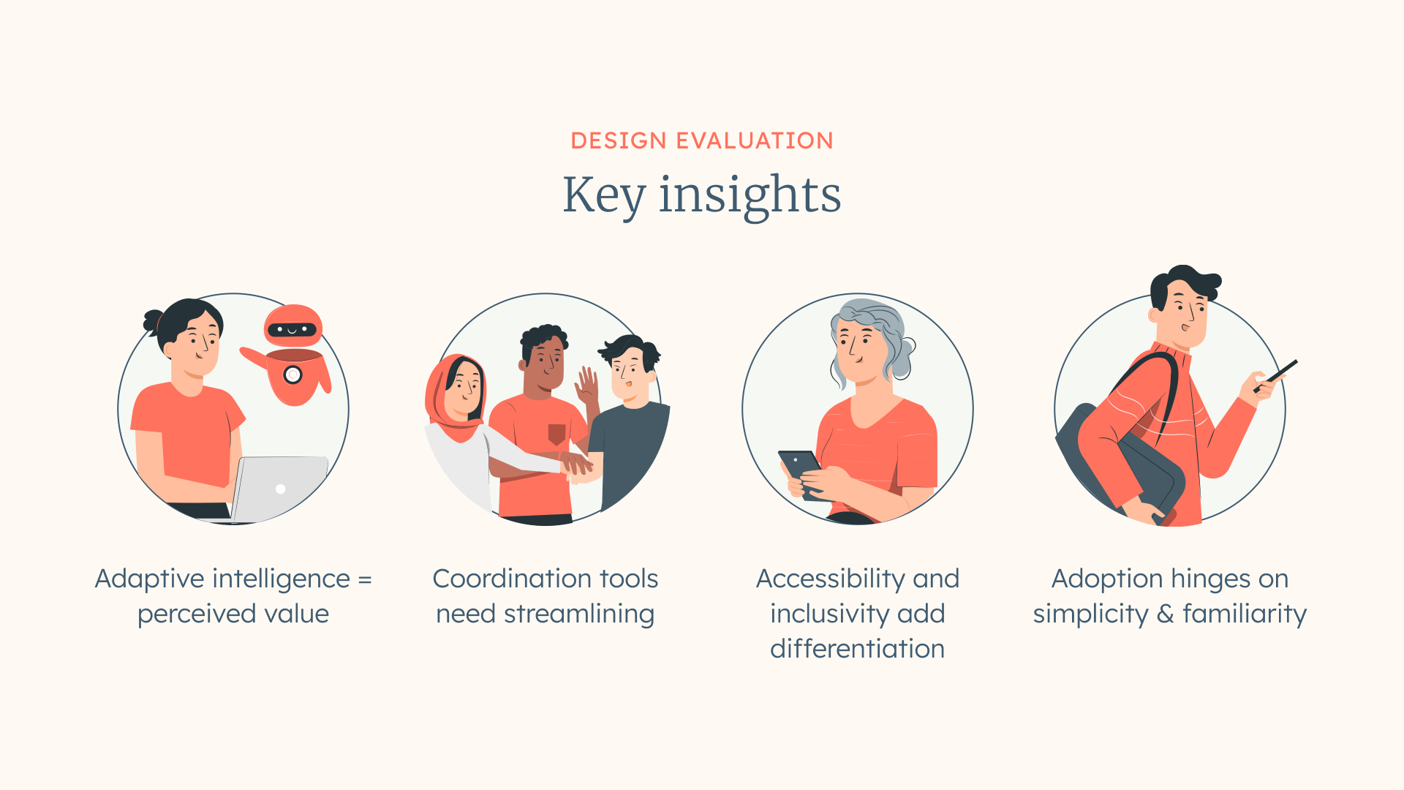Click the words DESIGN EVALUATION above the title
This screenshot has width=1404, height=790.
coord(702,140)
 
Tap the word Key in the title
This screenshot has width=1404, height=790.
coord(604,196)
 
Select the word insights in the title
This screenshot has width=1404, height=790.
coord(750,196)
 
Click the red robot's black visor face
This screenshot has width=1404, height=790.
coord(292,330)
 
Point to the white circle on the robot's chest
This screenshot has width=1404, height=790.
coord(292,375)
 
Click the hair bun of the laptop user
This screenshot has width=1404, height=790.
coord(153,320)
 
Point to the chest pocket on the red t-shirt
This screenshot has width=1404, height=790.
coord(557,434)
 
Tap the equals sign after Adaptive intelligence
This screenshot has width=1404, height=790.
coord(365,580)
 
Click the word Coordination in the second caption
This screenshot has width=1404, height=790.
coord(512,579)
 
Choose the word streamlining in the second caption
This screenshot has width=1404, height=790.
coord(579,614)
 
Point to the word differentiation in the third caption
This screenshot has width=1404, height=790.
coord(858,649)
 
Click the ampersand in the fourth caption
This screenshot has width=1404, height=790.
coord(1166,614)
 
